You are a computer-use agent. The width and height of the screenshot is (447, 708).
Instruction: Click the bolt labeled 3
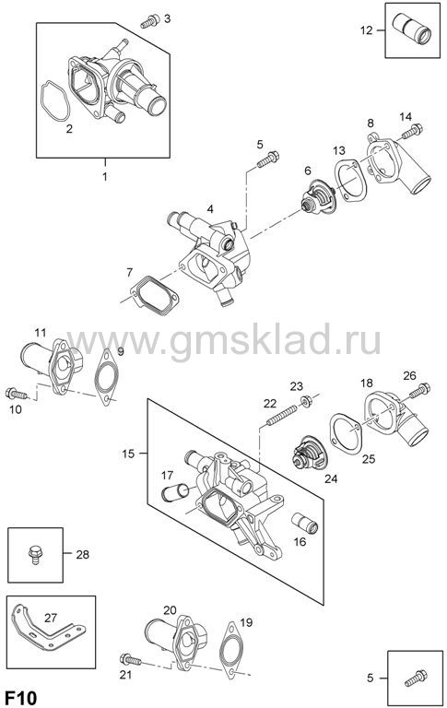click(x=150, y=21)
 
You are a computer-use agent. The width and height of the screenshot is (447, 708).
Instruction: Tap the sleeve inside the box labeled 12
click(x=411, y=29)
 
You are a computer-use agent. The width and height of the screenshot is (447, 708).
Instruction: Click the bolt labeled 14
click(x=412, y=132)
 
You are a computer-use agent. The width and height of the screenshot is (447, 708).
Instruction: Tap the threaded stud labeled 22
click(x=282, y=415)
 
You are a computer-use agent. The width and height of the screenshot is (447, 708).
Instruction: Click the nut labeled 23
click(x=306, y=400)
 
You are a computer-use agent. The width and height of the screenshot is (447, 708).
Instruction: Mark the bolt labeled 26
click(x=419, y=391)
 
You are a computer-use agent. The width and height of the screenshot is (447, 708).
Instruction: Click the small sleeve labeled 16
click(x=305, y=523)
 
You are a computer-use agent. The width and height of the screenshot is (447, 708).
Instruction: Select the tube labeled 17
click(x=175, y=492)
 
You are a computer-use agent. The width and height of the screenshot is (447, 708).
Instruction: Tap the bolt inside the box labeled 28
click(x=35, y=555)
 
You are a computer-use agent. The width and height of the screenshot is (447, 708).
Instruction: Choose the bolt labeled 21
click(x=131, y=660)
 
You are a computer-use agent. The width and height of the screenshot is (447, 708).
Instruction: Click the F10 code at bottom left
click(x=21, y=698)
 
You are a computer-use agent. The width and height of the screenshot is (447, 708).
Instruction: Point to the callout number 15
click(x=128, y=454)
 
